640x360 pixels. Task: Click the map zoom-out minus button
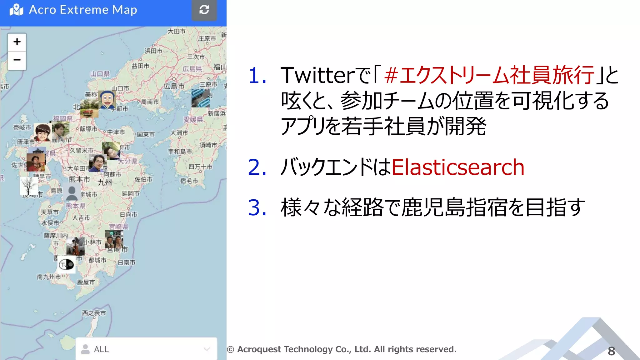[x=17, y=60]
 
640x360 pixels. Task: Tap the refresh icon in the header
[x=204, y=10]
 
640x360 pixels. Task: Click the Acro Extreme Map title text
[x=83, y=10]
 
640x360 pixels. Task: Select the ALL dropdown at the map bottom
[x=146, y=349]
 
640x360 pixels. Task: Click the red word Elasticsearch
[x=457, y=167]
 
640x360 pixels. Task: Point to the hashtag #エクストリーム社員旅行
[x=489, y=75]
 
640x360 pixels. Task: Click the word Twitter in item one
[x=317, y=75]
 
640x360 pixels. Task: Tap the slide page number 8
[x=611, y=351]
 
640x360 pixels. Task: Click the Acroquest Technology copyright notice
[x=342, y=349]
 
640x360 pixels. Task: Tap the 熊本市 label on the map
[x=79, y=179]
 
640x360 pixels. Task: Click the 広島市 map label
[x=174, y=86]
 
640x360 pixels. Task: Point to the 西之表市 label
[x=94, y=313]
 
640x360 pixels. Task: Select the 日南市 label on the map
[x=127, y=262]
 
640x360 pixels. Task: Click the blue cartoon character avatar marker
[x=107, y=100]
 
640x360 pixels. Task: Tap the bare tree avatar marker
[x=29, y=186]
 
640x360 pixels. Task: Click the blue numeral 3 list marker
[x=257, y=207]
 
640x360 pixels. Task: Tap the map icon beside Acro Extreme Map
[x=17, y=10]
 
